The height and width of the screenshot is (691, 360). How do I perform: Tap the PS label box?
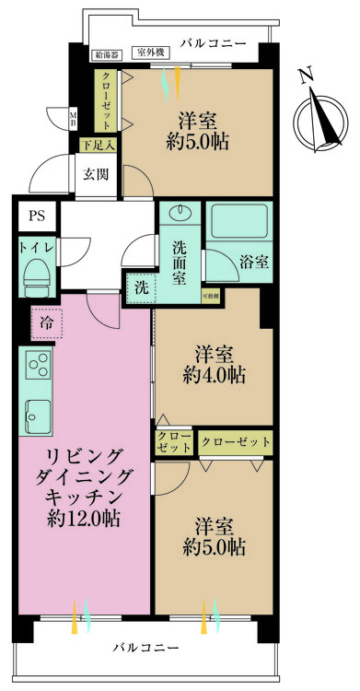pos(36,217)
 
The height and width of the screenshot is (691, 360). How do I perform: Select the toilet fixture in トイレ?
pos(36,275)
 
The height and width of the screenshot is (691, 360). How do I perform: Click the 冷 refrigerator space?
pos(46,322)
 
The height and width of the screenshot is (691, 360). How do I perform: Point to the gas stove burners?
pos(39,367)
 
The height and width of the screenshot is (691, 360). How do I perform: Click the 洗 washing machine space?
pos(141,287)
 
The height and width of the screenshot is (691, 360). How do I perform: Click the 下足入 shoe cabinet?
pos(96,144)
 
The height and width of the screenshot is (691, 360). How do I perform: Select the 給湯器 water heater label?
pos(109,54)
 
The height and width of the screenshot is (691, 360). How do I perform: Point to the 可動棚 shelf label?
pos(211,296)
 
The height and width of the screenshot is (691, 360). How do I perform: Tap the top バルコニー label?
pos(213,43)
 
